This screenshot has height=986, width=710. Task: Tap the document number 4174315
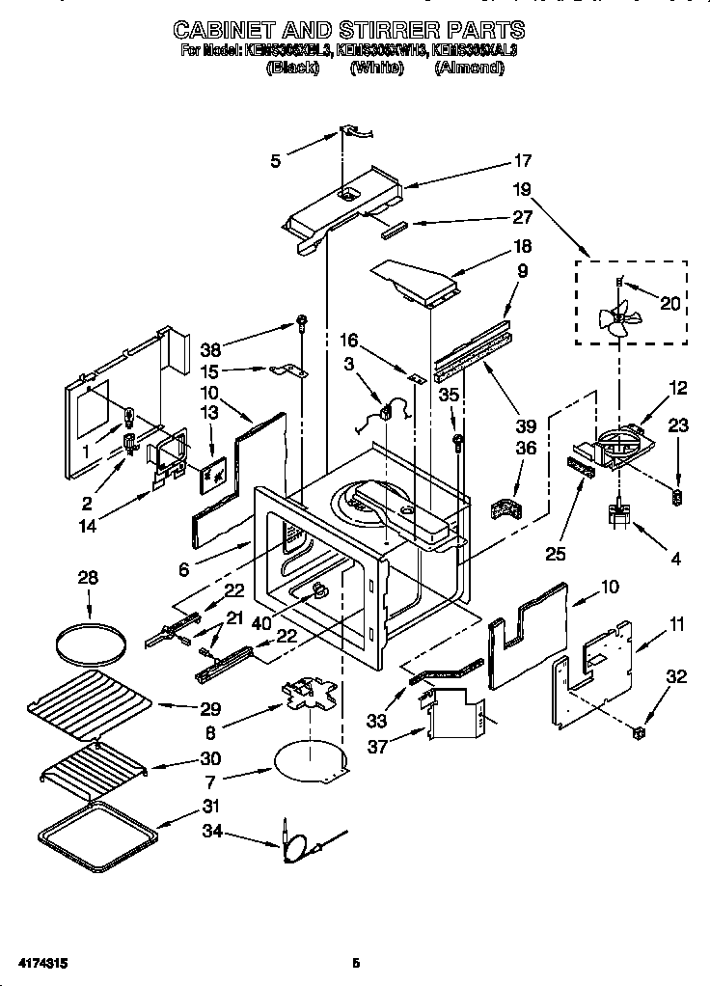[x=41, y=962]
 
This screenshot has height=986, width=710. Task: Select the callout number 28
[x=88, y=578]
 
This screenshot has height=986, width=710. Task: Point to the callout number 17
[x=522, y=161]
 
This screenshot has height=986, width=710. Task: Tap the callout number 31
[x=210, y=806]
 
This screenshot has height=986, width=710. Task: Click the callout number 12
[x=678, y=389]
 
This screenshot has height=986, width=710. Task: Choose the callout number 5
[x=276, y=162]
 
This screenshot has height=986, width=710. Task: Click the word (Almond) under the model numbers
[x=469, y=68]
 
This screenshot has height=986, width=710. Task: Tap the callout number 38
[x=211, y=349]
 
